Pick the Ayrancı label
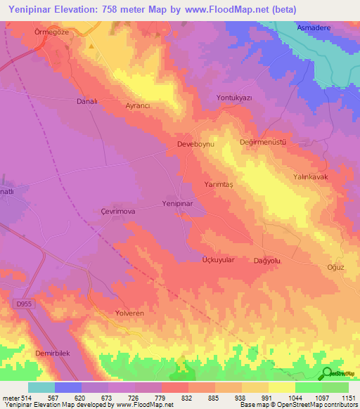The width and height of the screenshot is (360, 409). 138,105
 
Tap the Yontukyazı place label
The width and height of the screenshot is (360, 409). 234,98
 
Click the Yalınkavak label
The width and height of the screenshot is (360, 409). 311,177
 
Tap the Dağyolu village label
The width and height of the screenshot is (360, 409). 267,260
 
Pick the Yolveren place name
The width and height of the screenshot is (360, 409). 129,312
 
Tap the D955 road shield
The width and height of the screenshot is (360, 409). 22,304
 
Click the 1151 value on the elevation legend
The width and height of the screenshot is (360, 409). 347,398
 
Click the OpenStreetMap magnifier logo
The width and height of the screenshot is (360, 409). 327,373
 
